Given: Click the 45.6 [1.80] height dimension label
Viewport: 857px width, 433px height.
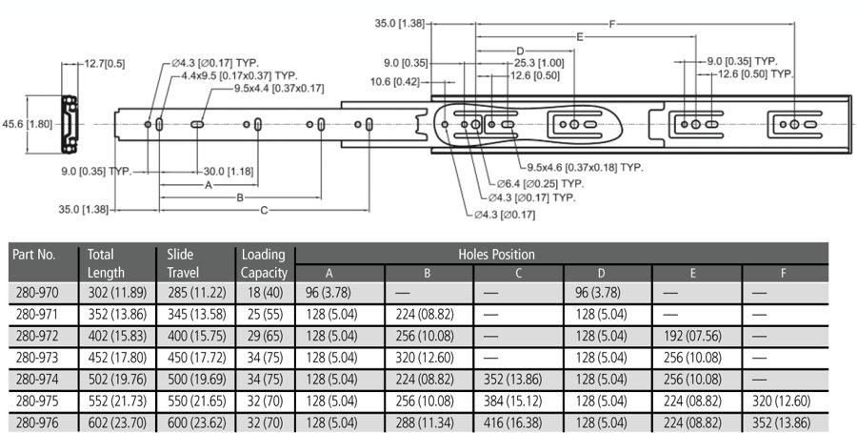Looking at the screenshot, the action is (28, 124).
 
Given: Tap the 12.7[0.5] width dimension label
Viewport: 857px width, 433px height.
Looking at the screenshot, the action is (105, 64).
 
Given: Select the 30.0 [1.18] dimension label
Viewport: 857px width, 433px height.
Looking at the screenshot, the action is (229, 172).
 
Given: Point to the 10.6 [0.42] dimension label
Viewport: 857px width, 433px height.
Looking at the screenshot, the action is (394, 82).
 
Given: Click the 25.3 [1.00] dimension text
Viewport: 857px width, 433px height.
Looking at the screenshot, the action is (539, 63).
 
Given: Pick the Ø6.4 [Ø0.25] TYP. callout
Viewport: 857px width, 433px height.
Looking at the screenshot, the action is (540, 184).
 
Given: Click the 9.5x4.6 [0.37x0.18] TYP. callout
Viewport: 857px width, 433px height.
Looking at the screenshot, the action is (585, 168).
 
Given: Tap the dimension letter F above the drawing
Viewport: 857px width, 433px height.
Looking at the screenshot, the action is (612, 24).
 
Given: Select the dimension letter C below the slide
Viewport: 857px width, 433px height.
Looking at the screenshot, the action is (264, 210).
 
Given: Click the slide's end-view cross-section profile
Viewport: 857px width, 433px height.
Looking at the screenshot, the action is (69, 124).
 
